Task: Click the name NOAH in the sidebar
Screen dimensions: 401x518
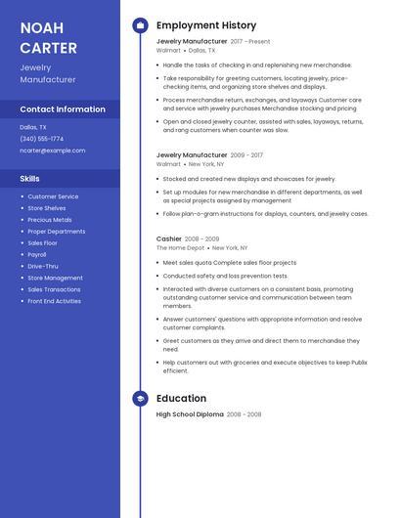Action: pyautogui.click(x=41, y=27)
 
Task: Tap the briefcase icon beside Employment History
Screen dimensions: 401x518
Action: pyautogui.click(x=140, y=24)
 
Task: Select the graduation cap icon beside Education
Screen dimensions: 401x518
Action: pyautogui.click(x=140, y=399)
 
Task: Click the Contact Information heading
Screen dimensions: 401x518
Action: pyautogui.click(x=63, y=109)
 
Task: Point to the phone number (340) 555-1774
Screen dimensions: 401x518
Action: pyautogui.click(x=42, y=139)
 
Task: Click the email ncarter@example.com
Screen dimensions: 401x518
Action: pyautogui.click(x=53, y=151)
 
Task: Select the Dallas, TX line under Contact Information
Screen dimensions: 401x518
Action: pyautogui.click(x=33, y=127)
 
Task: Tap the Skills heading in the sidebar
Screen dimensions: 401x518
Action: pyautogui.click(x=30, y=179)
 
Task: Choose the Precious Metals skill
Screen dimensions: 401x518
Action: pyautogui.click(x=50, y=220)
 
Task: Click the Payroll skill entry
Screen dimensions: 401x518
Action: pyautogui.click(x=38, y=254)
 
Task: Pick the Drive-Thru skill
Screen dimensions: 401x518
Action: pyautogui.click(x=43, y=266)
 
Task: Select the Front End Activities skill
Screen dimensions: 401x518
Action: pyautogui.click(x=55, y=301)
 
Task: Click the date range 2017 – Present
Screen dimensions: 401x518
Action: pyautogui.click(x=250, y=42)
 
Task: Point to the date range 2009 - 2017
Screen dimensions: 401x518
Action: pyautogui.click(x=246, y=155)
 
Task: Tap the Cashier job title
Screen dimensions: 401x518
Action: pyautogui.click(x=169, y=238)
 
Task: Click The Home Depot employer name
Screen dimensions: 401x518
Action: pyautogui.click(x=181, y=248)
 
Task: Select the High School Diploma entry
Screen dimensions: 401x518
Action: pyautogui.click(x=190, y=414)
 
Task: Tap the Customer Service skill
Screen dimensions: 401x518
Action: pyautogui.click(x=53, y=196)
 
